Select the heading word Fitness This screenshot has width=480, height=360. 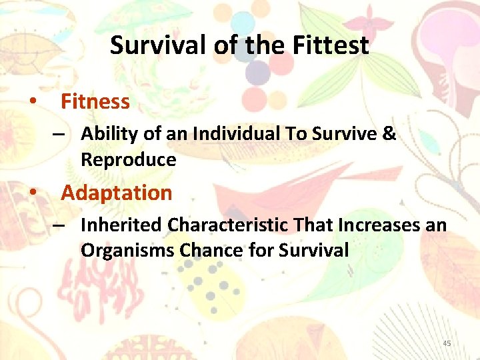click(95, 101)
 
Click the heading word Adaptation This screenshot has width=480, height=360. click(117, 193)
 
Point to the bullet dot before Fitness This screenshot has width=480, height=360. click(32, 102)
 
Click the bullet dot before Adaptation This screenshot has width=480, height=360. click(32, 193)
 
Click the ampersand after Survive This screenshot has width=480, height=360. click(390, 134)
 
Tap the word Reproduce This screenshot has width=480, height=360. click(129, 160)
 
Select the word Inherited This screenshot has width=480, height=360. click(121, 225)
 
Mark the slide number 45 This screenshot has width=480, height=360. click(447, 343)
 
